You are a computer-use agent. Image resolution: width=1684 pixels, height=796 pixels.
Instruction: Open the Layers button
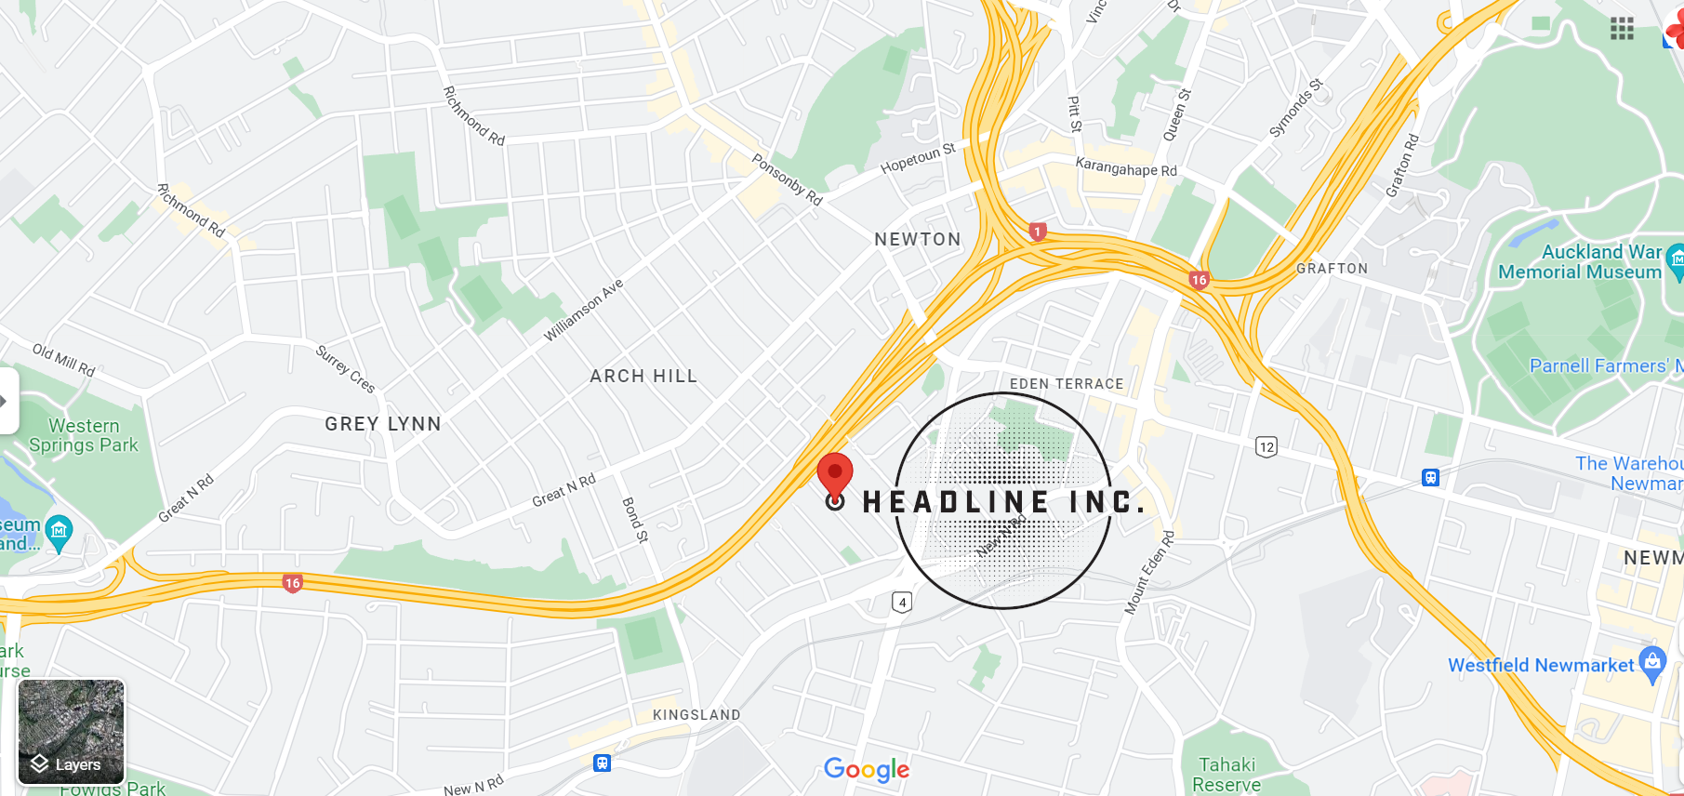71,732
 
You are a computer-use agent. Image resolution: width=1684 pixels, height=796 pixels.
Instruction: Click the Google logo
867,769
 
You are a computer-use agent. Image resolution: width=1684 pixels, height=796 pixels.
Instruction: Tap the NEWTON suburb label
918,239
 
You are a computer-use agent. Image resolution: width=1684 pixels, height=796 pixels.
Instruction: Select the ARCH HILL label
643,376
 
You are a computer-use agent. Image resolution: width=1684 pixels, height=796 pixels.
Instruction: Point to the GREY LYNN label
383,423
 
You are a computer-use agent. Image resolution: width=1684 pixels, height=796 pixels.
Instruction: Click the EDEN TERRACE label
1067,383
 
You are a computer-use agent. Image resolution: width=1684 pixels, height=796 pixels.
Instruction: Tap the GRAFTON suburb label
1333,268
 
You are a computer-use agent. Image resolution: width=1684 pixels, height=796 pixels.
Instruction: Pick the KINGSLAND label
696,714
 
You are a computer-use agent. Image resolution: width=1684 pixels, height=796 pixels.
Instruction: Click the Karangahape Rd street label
1126,168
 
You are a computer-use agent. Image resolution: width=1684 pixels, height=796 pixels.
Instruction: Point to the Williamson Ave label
583,310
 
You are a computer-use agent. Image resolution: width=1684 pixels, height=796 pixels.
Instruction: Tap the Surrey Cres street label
345,369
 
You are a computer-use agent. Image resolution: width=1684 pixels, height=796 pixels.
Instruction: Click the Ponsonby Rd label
787,179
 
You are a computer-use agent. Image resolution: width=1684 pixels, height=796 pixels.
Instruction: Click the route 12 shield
1266,447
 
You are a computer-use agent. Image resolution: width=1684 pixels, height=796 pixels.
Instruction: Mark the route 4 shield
902,602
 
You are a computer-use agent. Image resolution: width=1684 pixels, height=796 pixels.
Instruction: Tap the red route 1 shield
1038,232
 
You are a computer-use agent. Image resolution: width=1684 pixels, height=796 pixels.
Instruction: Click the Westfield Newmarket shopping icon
1652,662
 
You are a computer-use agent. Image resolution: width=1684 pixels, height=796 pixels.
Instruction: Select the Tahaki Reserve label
1227,775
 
